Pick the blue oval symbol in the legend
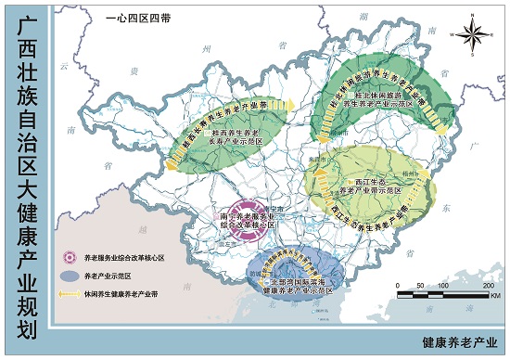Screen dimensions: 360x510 click(68, 276)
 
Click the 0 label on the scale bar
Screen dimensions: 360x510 click(401, 285)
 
